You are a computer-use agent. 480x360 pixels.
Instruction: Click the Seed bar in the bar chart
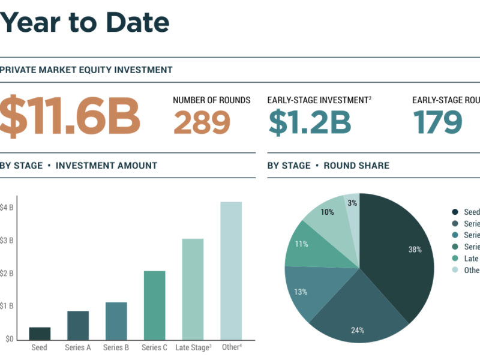[x=40, y=333]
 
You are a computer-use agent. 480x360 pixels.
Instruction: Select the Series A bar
[x=78, y=325]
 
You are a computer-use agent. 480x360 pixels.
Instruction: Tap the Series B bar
[x=116, y=320]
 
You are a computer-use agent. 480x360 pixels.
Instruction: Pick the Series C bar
[x=154, y=305]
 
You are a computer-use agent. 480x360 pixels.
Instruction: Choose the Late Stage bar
[x=193, y=289]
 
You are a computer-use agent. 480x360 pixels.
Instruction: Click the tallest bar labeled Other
[x=231, y=270]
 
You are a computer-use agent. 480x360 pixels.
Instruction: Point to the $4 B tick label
[x=7, y=208]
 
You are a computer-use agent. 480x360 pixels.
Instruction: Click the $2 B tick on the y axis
[x=7, y=273]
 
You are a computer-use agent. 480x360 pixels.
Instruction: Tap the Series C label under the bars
[x=154, y=347]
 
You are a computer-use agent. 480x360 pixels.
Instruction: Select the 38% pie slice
[x=402, y=252]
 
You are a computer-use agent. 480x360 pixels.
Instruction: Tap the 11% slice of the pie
[x=303, y=246]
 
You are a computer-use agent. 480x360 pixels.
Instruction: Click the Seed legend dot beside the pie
[x=455, y=212]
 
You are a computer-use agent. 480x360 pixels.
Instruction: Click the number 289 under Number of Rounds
[x=202, y=122]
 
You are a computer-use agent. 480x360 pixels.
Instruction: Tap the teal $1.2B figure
[x=309, y=122]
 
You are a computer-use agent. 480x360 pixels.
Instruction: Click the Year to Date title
[x=84, y=23]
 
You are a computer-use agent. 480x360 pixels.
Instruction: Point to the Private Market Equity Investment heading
[x=86, y=70]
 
